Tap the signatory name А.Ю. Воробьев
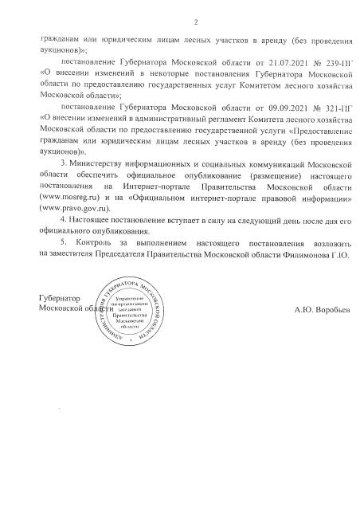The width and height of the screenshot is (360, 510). click(x=321, y=307)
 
